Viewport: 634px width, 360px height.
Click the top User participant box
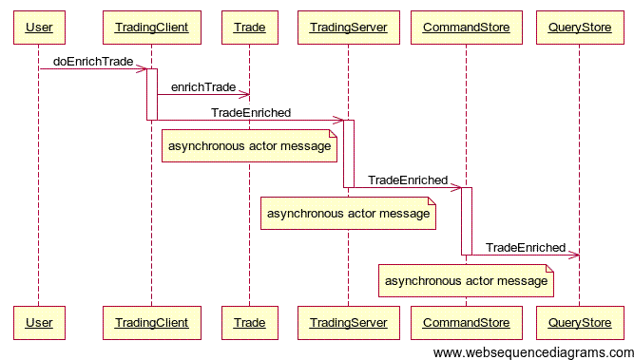point(39,28)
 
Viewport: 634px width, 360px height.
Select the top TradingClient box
point(151,28)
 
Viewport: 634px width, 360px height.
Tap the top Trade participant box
point(249,28)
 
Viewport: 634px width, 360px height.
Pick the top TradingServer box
point(348,28)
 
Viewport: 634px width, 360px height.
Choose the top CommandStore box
point(466,28)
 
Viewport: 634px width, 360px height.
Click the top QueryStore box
point(579,28)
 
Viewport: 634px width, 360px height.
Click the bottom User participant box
point(39,323)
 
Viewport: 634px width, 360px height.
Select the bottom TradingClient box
point(151,323)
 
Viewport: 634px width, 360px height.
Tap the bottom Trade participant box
point(249,323)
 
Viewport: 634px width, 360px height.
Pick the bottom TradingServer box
point(348,323)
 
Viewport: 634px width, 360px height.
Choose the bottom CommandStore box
point(466,323)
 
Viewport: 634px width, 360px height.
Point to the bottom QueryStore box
point(579,323)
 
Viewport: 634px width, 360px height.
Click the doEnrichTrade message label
point(93,62)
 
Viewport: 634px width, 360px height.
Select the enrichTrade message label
point(202,87)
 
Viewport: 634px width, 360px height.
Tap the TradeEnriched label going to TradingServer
point(251,113)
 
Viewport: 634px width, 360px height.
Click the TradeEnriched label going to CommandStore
point(407,180)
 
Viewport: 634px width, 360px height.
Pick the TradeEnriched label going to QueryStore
point(525,248)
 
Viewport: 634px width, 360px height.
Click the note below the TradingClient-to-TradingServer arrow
point(250,147)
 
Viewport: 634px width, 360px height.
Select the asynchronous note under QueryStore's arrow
point(466,281)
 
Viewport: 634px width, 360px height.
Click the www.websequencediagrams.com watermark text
point(532,353)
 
